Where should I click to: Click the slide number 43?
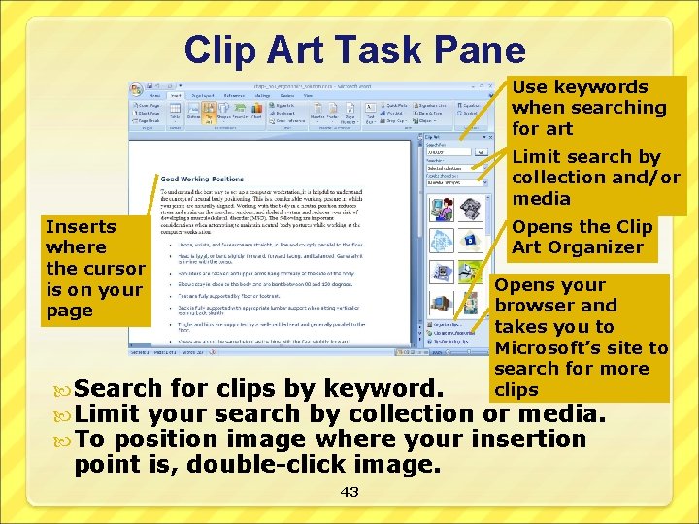[349, 492]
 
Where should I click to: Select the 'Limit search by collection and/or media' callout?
[595, 178]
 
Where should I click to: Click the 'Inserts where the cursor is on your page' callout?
[95, 269]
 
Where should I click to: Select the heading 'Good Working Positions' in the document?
[203, 179]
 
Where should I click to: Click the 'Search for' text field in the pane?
[449, 152]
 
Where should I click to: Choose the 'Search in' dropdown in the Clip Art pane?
[455, 167]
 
